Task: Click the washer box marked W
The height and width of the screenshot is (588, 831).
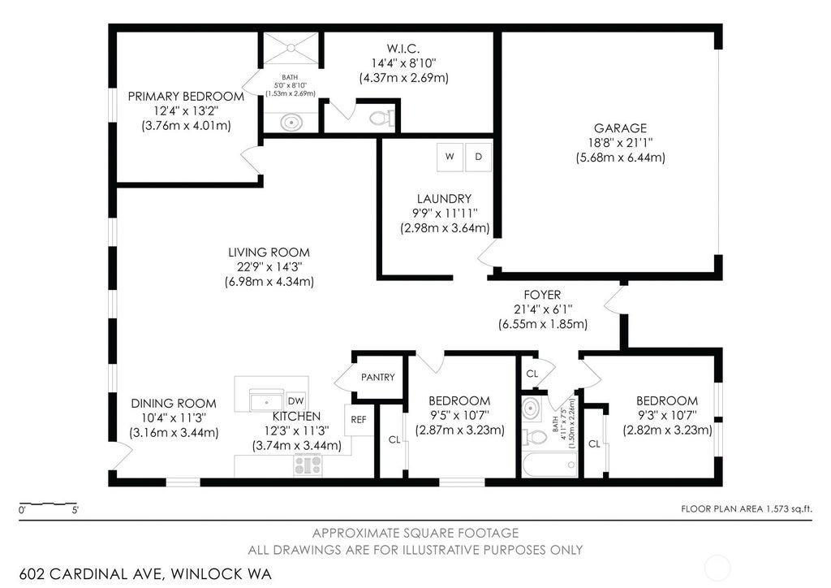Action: tap(450, 157)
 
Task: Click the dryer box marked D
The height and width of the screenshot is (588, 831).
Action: tap(478, 157)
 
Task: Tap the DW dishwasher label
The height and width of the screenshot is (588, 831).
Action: tap(295, 401)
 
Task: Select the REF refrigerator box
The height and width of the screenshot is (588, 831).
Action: tap(359, 420)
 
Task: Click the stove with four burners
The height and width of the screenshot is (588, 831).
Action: tap(308, 465)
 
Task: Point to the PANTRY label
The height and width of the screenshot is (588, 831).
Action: tap(378, 377)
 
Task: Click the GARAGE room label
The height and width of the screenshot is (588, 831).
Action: tap(620, 128)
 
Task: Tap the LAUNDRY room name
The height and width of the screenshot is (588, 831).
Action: tap(444, 199)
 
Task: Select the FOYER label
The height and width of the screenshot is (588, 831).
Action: tap(542, 295)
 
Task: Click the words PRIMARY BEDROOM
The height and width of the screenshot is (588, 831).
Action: tap(186, 96)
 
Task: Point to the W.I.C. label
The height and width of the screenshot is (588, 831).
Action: tap(403, 49)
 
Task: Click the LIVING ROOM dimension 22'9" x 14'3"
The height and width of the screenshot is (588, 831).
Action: tap(269, 266)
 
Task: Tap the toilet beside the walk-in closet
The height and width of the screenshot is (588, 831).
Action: tap(381, 118)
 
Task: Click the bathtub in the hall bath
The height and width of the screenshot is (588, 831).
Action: tap(550, 465)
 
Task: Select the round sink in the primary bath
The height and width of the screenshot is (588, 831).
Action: tap(291, 123)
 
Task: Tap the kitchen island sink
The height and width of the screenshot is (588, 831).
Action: tap(266, 403)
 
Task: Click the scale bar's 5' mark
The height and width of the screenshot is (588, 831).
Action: tap(75, 511)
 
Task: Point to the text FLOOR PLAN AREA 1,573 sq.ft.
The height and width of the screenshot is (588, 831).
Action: tap(747, 509)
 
